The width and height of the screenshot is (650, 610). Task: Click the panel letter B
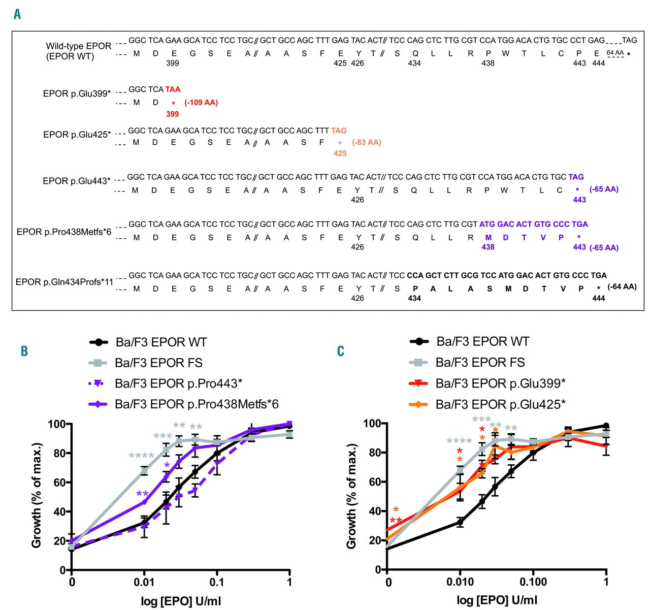point(24,351)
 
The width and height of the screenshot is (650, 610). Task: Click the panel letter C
point(341,351)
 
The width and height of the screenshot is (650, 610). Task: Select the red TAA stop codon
point(173,89)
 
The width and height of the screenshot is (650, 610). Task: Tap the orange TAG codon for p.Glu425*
point(339,131)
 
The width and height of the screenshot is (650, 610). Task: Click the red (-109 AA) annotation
point(201,103)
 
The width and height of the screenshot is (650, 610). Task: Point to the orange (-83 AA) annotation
point(366,142)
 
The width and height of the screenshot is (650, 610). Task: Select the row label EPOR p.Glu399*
point(77,93)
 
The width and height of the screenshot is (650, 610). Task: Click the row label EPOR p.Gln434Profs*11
point(64,281)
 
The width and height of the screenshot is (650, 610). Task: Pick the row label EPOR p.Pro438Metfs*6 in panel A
point(65,232)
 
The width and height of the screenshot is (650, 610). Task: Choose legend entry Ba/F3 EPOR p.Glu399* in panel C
point(500,383)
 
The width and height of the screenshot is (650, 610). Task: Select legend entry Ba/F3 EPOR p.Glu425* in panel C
point(500,404)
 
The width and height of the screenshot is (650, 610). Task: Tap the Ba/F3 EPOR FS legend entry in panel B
point(158,363)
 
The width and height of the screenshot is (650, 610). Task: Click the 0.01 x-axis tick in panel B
point(144,582)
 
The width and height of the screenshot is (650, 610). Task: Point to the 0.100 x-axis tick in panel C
point(533,582)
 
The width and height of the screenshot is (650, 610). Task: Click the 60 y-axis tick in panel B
point(60,482)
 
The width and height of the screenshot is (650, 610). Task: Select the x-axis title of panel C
point(497,600)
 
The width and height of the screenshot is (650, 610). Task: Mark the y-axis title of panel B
point(37,496)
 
